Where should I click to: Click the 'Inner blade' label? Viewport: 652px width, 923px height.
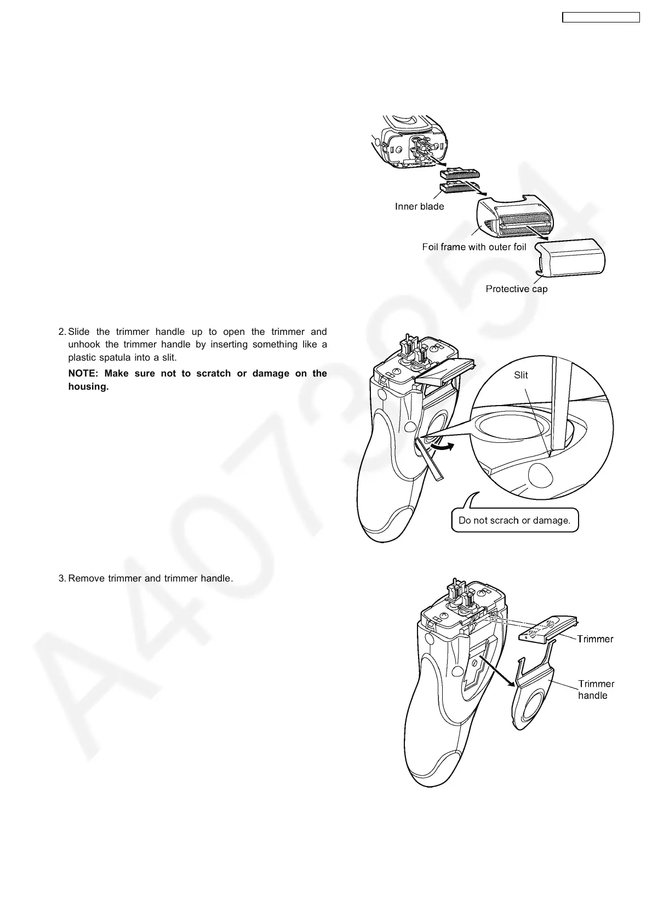pos(419,207)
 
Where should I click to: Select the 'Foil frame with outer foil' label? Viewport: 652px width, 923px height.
pos(474,247)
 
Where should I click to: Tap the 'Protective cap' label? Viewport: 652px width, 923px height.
pos(516,289)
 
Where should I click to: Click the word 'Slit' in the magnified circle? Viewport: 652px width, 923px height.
pos(521,375)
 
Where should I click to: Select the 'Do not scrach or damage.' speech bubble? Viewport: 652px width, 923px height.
pos(514,521)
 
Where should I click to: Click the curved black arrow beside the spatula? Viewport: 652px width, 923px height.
pos(442,447)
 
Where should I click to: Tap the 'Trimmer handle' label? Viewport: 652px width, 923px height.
pos(596,690)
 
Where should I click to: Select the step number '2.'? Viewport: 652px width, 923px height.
pos(62,332)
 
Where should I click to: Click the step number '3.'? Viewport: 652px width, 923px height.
pos(62,578)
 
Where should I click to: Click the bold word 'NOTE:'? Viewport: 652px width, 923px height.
pos(83,373)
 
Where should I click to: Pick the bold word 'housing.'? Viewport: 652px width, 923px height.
pos(88,386)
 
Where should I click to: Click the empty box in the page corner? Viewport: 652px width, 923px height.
pos(601,18)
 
